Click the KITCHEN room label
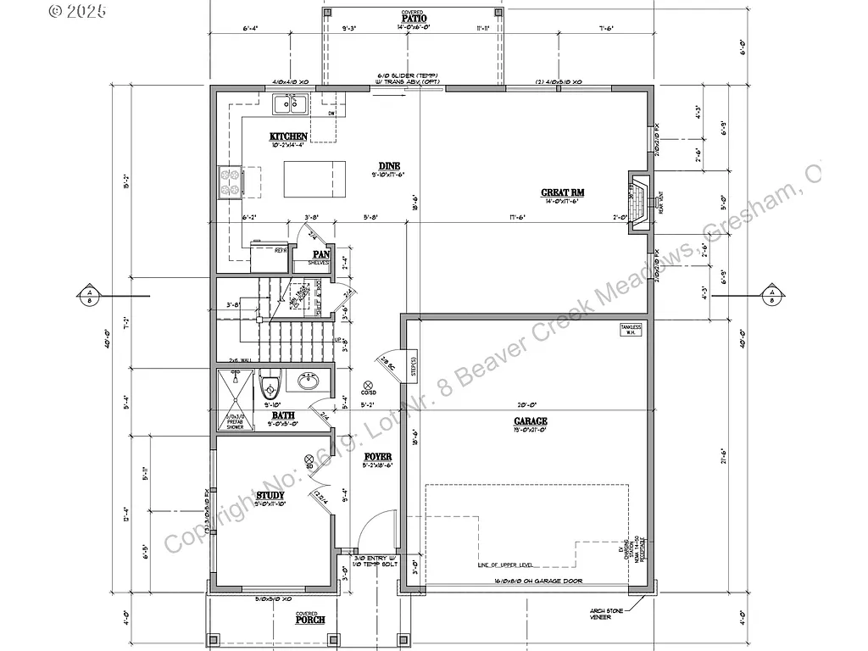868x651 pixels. point(288,136)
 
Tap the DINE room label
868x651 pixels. point(390,166)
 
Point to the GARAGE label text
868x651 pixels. point(530,421)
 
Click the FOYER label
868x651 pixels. point(377,457)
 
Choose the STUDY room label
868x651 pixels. point(270,495)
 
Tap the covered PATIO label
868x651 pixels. point(414,18)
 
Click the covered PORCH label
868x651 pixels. point(310,620)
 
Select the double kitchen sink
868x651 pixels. point(290,104)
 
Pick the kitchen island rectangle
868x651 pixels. point(314,178)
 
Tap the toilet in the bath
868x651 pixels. point(269,387)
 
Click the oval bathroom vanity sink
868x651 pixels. point(309,383)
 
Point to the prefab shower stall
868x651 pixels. point(234,398)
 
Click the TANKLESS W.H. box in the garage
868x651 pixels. point(631,329)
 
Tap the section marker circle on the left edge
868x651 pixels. point(89,296)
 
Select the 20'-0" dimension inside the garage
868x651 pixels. point(530,404)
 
